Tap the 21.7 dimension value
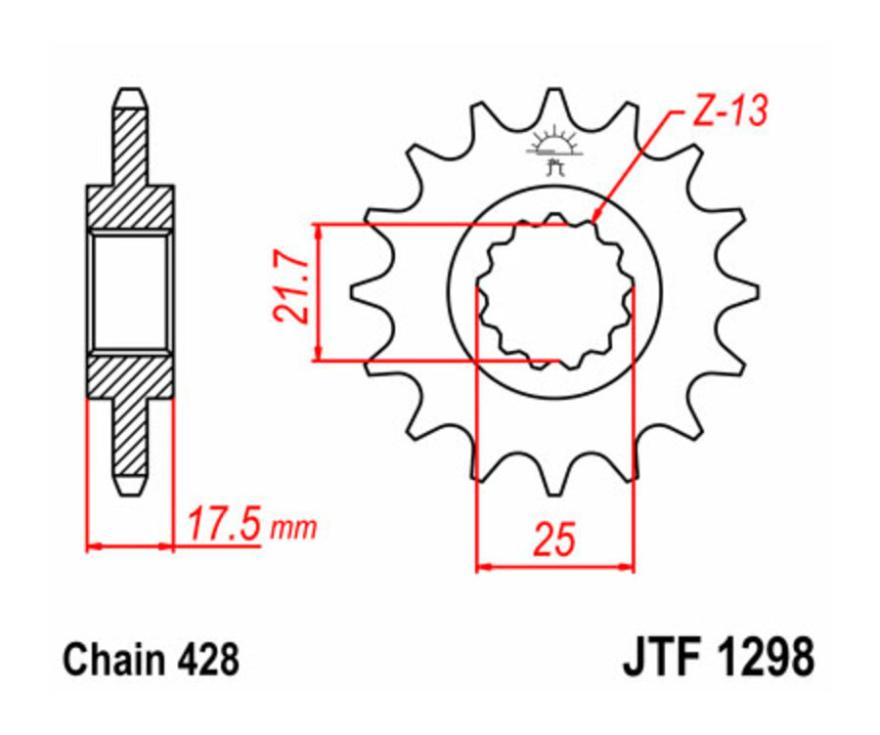click(x=290, y=290)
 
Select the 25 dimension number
click(x=553, y=540)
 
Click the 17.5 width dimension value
click(x=224, y=525)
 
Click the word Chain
click(x=107, y=662)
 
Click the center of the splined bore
click(x=554, y=290)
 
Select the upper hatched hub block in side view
click(x=130, y=205)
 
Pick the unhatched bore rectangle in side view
click(x=130, y=290)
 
